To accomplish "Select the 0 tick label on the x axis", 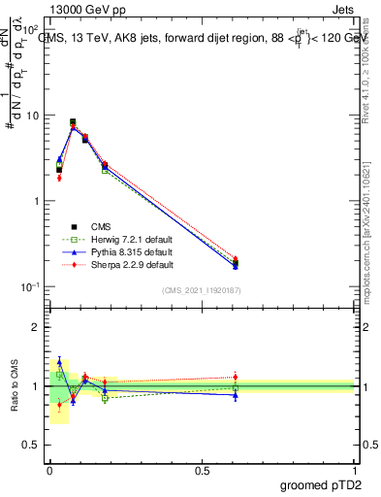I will click(x=49, y=471).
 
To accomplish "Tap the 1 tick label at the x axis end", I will click(x=356, y=471).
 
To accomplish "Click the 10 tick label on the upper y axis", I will click(x=32, y=116).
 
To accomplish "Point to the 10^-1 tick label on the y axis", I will click(x=29, y=286).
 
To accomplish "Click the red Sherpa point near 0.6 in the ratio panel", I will click(x=235, y=377).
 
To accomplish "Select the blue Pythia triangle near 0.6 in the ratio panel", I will click(x=235, y=395).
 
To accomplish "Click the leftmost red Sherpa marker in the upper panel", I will click(x=59, y=178).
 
